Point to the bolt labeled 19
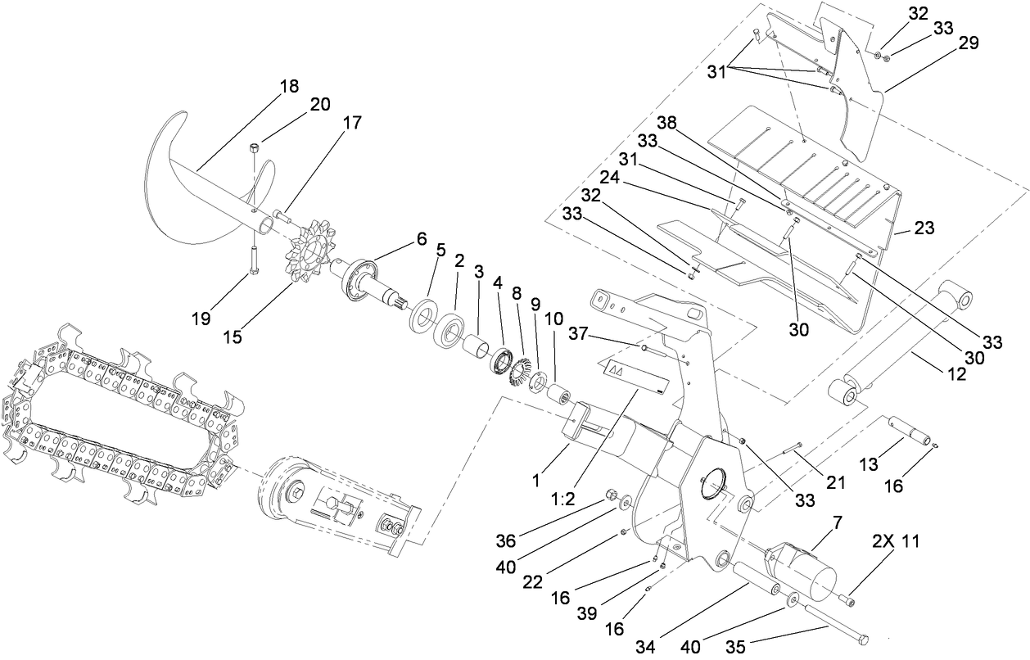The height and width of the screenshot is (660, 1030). pos(253,261)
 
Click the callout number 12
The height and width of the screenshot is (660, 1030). pos(956,374)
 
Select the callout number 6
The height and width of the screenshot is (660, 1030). pos(421,238)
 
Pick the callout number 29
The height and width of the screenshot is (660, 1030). pos(968,43)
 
